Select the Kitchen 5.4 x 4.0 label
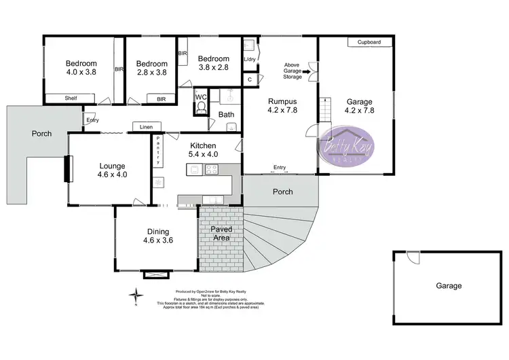[x=203, y=150]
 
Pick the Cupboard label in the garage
[x=369, y=42]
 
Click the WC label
[x=200, y=97]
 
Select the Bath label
[x=226, y=115]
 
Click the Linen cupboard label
[x=146, y=127]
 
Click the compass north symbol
[x=137, y=295]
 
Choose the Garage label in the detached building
[x=448, y=286]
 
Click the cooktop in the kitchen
[x=211, y=170]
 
